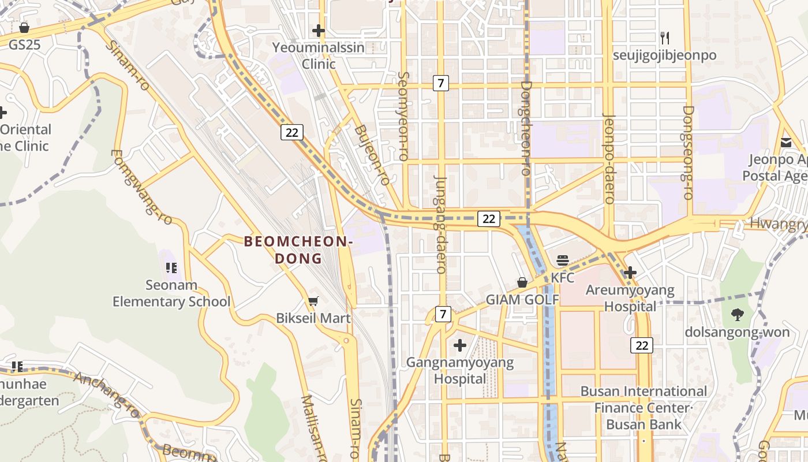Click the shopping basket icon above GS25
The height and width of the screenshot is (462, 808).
[x=24, y=27]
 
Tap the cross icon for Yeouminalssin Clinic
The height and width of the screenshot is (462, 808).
[x=318, y=31]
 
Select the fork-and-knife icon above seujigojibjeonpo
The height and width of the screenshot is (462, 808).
[x=665, y=38]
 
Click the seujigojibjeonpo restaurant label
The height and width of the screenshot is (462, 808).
[x=665, y=55]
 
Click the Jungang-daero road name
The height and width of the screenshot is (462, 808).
[x=440, y=224]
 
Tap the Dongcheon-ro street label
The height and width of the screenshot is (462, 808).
[x=525, y=128]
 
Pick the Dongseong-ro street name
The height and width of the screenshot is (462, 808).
[x=687, y=152]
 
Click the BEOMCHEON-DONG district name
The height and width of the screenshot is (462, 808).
[x=298, y=249]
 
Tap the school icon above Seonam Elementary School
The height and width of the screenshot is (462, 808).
[x=171, y=267]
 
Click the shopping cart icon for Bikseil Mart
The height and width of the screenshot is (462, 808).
[x=313, y=301]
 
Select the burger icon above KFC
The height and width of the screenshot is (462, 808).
[x=563, y=260]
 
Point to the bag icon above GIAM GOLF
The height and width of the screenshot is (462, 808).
[x=522, y=282]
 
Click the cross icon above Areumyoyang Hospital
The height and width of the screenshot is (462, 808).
[x=630, y=272]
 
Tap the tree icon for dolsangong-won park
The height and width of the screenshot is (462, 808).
[x=737, y=315]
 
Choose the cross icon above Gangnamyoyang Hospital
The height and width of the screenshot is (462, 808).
[x=460, y=345]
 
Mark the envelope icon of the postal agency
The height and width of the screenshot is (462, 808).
[x=786, y=143]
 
